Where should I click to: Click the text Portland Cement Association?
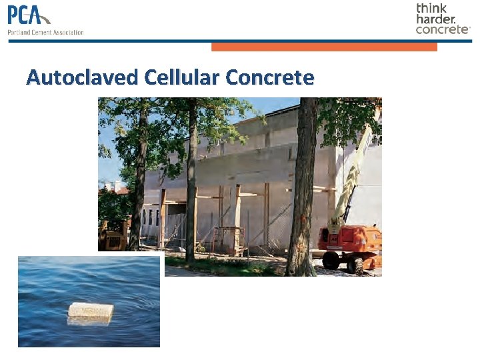(45, 32)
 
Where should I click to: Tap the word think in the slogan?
(431, 8)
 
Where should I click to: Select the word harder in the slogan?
(437, 19)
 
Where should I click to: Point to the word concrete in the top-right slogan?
(442, 29)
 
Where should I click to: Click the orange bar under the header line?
(324, 47)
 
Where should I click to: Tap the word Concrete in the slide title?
(269, 77)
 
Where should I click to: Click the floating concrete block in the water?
(91, 311)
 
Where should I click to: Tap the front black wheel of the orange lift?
(331, 261)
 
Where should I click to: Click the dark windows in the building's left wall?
(151, 217)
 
